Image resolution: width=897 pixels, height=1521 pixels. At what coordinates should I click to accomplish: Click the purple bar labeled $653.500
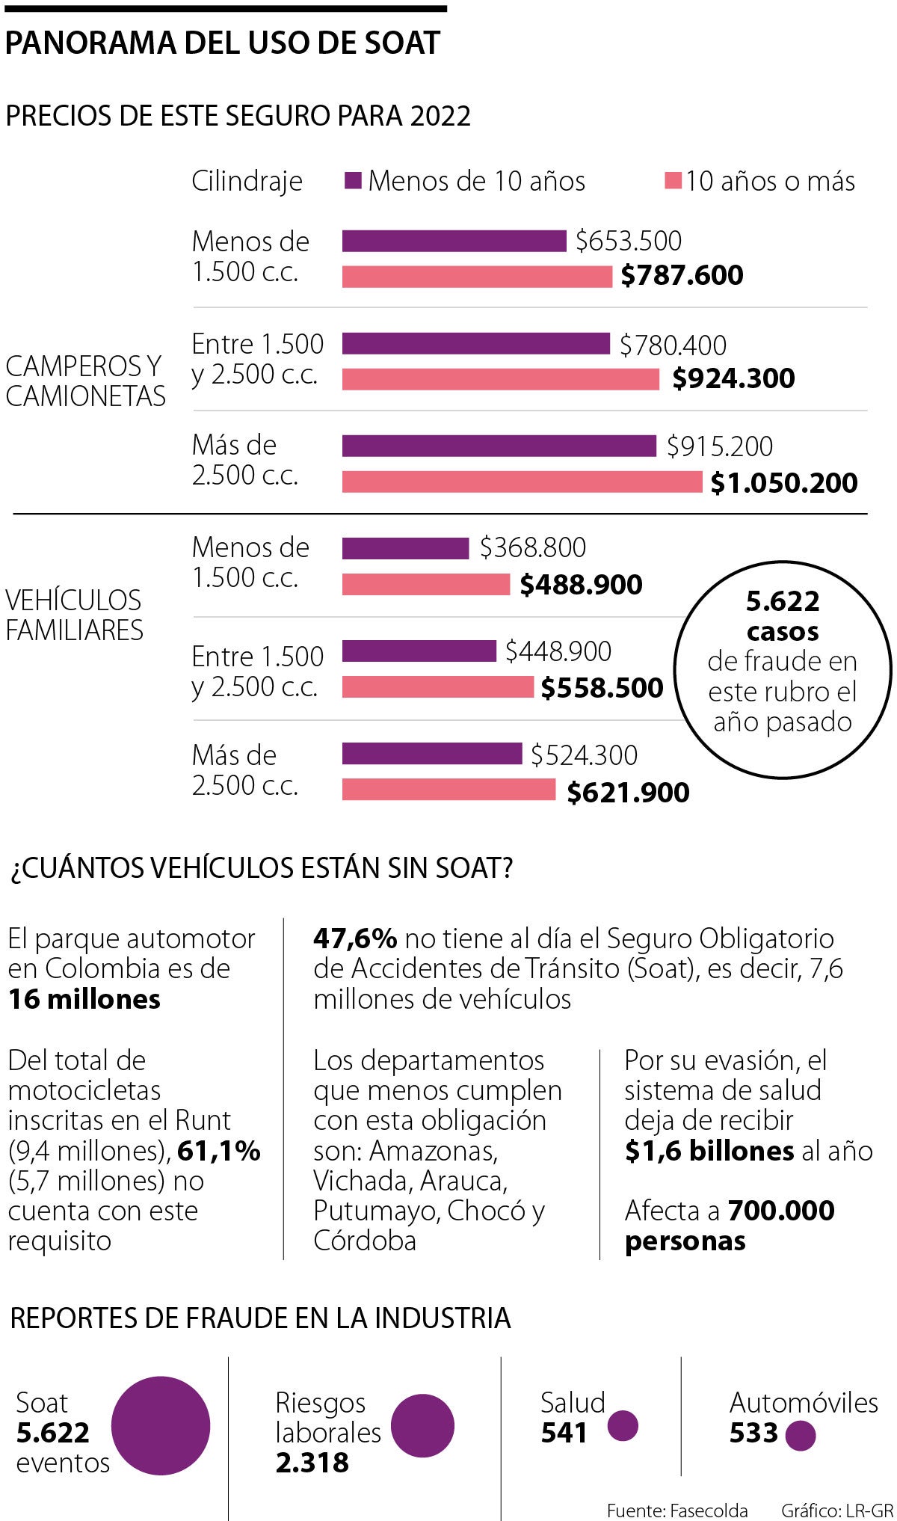454,241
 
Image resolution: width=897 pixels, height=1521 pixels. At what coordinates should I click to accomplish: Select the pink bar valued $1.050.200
522,482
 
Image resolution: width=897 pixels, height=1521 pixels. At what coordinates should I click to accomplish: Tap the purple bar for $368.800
405,548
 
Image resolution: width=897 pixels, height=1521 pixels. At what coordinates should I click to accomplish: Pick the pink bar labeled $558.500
438,686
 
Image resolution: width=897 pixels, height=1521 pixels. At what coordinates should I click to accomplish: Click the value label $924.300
733,378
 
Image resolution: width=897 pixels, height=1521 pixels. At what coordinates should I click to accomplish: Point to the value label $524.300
584,755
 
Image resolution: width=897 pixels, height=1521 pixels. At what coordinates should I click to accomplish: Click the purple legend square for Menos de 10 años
354,181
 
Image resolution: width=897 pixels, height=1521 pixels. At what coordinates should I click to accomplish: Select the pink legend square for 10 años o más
673,181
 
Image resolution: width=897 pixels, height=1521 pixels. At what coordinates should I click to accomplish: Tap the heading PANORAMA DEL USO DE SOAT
222,43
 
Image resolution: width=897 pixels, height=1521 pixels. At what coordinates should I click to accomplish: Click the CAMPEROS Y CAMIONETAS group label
85,381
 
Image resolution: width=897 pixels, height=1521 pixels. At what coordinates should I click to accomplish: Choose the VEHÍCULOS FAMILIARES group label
74,615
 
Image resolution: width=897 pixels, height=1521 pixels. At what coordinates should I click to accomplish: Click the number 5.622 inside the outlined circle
783,601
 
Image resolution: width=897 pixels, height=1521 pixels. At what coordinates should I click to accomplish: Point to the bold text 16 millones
84,999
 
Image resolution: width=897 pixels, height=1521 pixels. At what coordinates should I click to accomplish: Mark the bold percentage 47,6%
354,938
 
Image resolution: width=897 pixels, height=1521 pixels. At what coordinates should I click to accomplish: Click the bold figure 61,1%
219,1151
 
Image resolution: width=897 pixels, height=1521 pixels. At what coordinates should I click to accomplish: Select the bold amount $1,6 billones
709,1151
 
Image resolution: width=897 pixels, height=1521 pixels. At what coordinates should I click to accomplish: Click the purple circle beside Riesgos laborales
422,1425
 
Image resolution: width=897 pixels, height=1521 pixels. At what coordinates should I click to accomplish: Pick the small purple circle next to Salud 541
623,1425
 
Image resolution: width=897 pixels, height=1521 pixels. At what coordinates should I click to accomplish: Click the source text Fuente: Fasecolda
677,1511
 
